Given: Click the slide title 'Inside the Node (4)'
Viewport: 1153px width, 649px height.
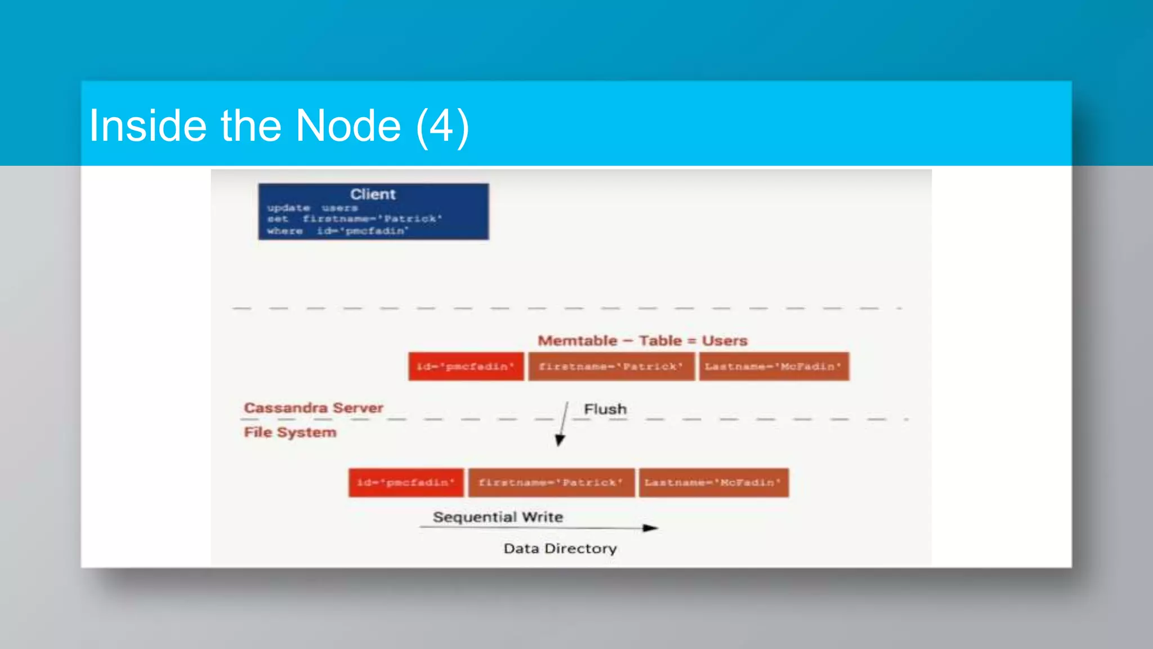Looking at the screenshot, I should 279,126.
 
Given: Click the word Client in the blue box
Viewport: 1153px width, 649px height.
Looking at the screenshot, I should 373,194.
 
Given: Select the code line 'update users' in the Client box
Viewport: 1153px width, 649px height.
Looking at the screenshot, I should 312,208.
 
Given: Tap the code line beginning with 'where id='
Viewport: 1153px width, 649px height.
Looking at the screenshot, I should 337,231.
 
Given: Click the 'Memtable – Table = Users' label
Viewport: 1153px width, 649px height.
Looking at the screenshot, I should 642,341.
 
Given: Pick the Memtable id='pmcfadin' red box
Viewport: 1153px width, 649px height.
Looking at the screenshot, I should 466,367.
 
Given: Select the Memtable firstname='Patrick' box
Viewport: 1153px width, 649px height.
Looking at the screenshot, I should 611,367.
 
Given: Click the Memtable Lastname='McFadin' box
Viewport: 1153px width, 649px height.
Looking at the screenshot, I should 774,367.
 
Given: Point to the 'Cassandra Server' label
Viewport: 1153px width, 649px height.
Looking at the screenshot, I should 314,408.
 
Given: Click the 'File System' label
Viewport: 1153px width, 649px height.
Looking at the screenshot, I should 290,432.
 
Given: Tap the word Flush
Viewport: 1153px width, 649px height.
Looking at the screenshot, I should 605,409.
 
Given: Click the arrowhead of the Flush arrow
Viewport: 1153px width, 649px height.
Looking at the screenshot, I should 560,441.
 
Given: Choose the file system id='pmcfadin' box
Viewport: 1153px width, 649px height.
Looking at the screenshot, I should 406,483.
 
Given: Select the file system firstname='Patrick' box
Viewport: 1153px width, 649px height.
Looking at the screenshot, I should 551,483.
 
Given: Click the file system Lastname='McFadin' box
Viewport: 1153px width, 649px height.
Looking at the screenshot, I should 713,483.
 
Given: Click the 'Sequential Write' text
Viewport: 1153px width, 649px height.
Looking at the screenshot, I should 498,517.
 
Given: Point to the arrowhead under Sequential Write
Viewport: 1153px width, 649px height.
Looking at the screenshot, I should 651,528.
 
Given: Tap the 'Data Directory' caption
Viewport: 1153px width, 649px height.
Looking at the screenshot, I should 560,549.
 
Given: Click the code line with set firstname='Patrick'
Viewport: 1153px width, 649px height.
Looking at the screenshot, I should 355,219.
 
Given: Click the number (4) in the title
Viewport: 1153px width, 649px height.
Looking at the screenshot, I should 443,126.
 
